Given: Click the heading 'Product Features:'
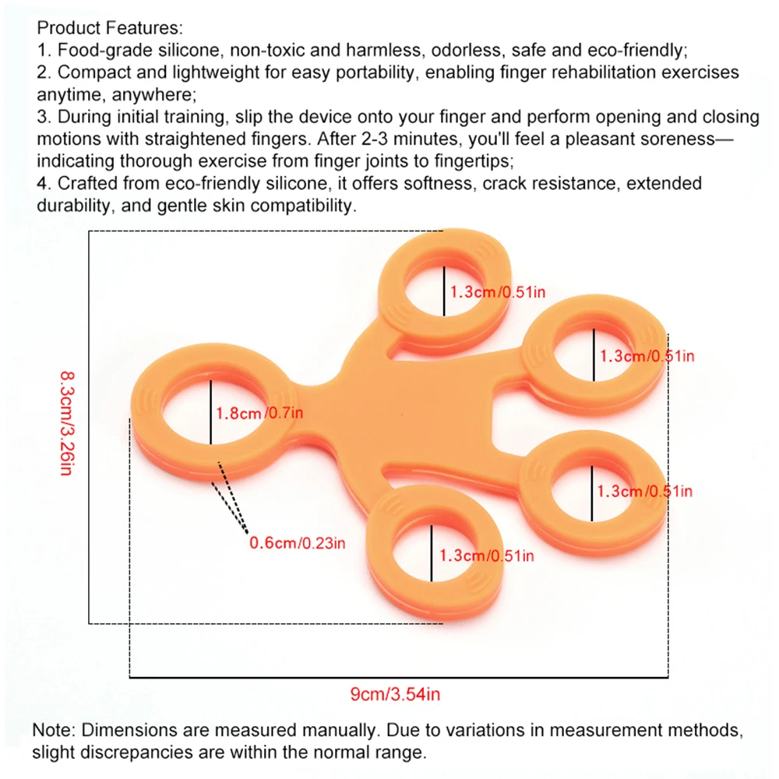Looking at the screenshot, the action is coord(110,29).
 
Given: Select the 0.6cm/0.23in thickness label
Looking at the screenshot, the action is coord(296,543).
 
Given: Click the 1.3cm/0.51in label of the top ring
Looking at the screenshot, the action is coord(497,292).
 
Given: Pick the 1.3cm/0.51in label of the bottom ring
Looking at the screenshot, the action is coord(487,555).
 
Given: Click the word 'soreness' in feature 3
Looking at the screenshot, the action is coord(692,139).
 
